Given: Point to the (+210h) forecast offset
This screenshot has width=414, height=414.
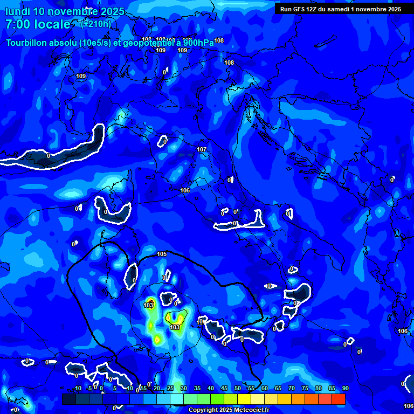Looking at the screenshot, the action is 95,24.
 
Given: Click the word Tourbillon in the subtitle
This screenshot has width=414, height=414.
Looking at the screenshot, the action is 25,43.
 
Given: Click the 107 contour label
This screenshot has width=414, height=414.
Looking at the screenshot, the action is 202,149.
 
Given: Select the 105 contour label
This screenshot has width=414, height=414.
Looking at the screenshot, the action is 162,254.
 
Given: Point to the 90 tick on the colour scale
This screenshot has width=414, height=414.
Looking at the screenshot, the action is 345,388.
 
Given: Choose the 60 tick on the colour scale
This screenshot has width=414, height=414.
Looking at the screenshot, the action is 264,388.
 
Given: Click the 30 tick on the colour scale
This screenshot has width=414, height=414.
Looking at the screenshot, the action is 183,388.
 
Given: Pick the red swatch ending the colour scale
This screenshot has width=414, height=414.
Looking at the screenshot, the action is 339,399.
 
